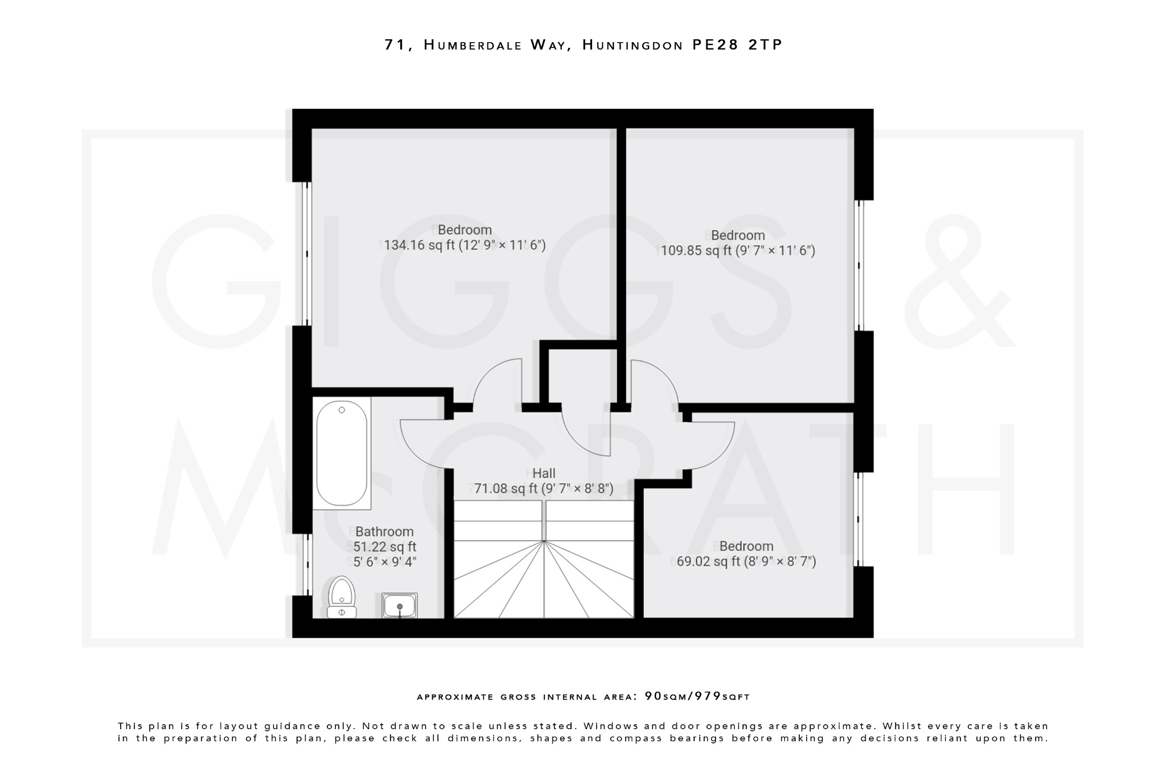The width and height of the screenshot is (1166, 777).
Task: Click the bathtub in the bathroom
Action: [342, 453]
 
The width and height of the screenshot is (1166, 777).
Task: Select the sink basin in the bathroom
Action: [400, 605]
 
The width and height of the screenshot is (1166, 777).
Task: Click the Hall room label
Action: [544, 473]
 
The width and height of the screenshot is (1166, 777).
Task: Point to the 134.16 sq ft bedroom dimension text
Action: [465, 245]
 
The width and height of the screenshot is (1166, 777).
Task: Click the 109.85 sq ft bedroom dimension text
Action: [737, 250]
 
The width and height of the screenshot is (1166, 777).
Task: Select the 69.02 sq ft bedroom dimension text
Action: [746, 562]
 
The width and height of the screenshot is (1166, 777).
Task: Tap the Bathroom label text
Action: [384, 532]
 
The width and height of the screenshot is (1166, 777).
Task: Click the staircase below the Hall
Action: [544, 561]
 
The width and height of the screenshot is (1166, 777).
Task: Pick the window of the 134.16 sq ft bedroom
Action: [306, 253]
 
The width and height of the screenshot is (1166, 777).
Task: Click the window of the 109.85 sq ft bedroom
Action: [860, 265]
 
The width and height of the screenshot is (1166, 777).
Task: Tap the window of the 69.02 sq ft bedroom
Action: [860, 519]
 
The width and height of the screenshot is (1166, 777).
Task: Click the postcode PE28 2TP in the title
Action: [737, 45]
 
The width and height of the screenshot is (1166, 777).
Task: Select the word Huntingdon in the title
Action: [632, 45]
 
